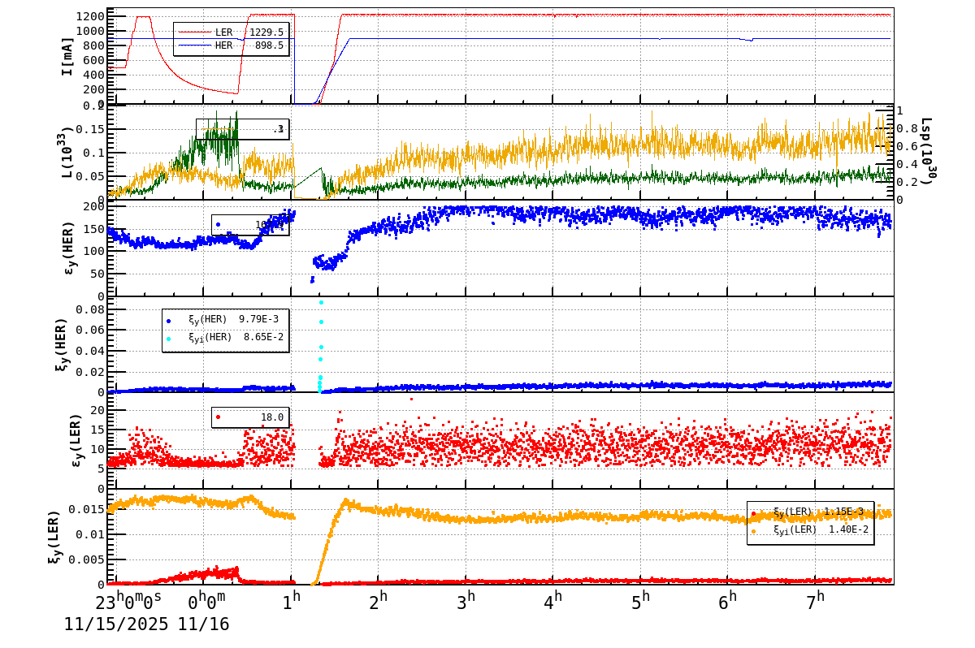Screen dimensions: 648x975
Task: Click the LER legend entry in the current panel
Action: click(x=232, y=32)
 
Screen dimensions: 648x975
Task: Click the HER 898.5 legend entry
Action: click(x=232, y=46)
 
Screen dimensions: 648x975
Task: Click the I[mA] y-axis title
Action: click(x=68, y=56)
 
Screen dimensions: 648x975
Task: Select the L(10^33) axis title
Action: click(x=68, y=152)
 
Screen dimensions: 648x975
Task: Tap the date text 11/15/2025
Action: click(x=116, y=624)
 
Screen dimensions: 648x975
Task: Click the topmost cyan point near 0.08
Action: click(x=321, y=303)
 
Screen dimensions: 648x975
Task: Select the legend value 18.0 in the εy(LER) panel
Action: click(x=271, y=417)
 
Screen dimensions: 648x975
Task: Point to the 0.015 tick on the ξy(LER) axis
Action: click(x=89, y=509)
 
